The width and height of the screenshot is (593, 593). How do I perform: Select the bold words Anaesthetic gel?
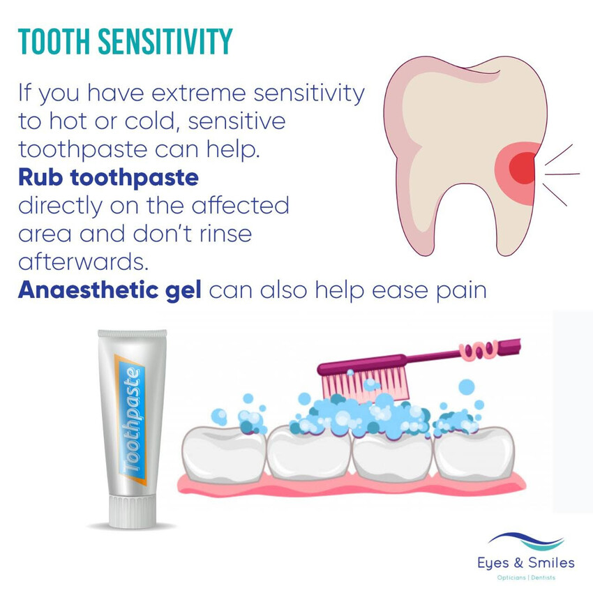coord(110,290)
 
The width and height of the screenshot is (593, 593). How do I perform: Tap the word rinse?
coord(225,234)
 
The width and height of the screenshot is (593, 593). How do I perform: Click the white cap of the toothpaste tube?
coord(132,509)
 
